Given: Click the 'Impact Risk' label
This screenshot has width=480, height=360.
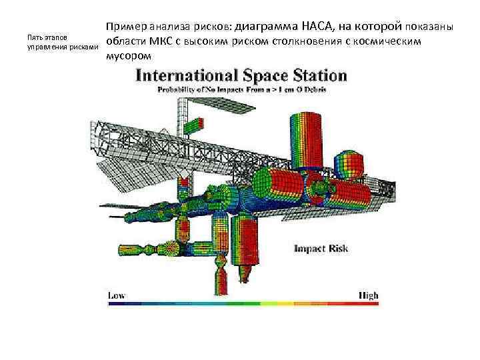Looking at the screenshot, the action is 321,249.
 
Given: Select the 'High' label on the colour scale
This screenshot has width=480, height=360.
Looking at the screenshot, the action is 367,295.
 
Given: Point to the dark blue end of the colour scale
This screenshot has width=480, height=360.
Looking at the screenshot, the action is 112,304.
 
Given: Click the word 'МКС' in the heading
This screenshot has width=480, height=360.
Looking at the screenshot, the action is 161,41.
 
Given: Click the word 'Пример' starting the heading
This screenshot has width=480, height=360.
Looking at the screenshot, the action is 125,27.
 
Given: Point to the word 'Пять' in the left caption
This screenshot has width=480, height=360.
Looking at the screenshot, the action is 32,37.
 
